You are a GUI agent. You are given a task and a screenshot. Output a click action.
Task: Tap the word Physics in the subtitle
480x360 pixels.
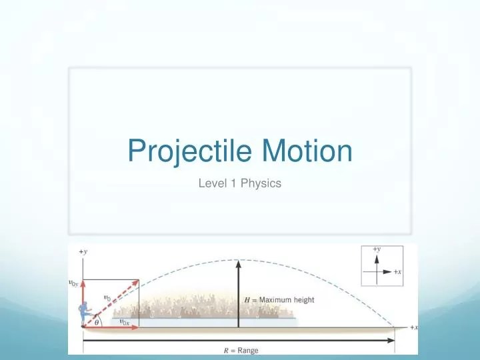[x=261, y=183]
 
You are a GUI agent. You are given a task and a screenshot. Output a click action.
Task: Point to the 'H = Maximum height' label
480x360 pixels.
[x=279, y=300]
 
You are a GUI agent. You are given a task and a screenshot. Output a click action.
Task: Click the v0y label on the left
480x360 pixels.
[x=73, y=283]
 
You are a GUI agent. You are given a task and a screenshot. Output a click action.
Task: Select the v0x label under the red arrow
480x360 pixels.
[x=124, y=321]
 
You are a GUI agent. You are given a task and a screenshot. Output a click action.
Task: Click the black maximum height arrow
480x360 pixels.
[x=238, y=293]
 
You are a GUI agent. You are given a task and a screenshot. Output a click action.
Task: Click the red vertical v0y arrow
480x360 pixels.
[x=83, y=303]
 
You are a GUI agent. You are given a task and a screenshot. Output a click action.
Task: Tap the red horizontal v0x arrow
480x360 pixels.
[x=110, y=327]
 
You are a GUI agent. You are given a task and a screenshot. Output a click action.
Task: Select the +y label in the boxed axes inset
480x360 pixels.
[x=377, y=249]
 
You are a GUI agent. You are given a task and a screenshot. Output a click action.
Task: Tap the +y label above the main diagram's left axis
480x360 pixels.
[x=83, y=251]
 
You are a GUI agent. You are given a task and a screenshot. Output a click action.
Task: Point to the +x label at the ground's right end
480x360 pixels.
[x=413, y=327]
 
